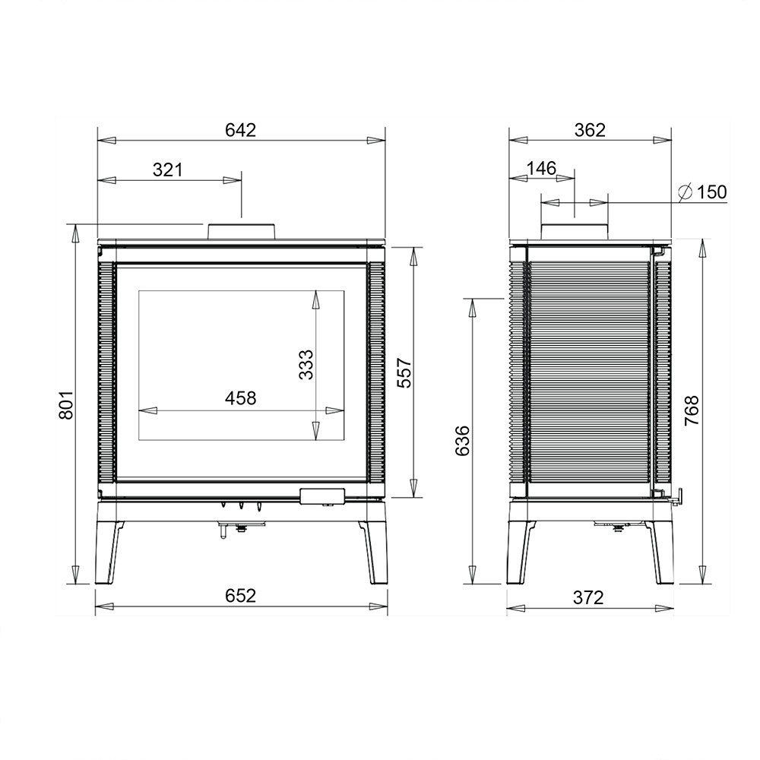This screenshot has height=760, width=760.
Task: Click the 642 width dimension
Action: [x=240, y=130]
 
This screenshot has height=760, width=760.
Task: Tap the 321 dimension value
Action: [x=168, y=169]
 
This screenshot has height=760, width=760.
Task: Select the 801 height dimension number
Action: [x=65, y=405]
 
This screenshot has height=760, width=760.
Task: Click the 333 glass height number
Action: [x=306, y=365]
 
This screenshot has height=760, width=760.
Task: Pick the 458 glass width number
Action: [x=240, y=398]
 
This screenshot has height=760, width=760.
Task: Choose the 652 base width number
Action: [x=240, y=596]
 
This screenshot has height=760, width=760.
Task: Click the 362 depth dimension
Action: [x=590, y=130]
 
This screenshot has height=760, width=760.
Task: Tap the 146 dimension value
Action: [x=541, y=168]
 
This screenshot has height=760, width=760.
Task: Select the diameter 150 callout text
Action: [x=702, y=192]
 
